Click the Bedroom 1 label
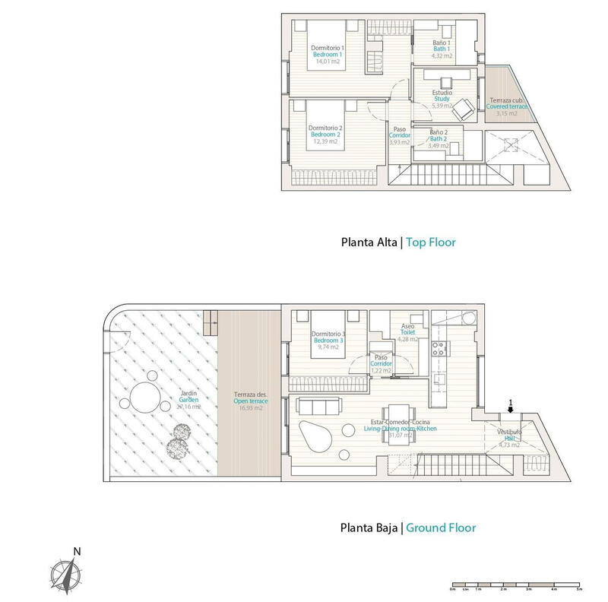point(329,55)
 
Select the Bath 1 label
point(443,49)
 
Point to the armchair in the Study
point(462,109)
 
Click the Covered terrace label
point(508,107)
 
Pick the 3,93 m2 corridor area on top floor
point(399,142)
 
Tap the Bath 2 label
point(439,139)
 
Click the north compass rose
point(66,571)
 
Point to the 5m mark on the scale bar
point(578,589)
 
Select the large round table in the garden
point(144,397)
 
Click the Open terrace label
point(249,402)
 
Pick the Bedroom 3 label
point(329,341)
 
